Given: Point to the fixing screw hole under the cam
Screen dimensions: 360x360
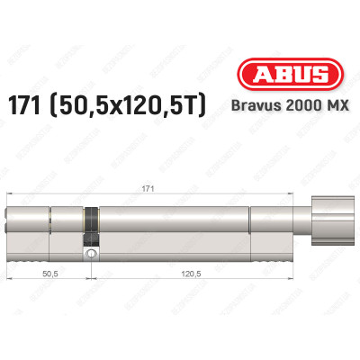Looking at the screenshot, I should pyautogui.click(x=92, y=256).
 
